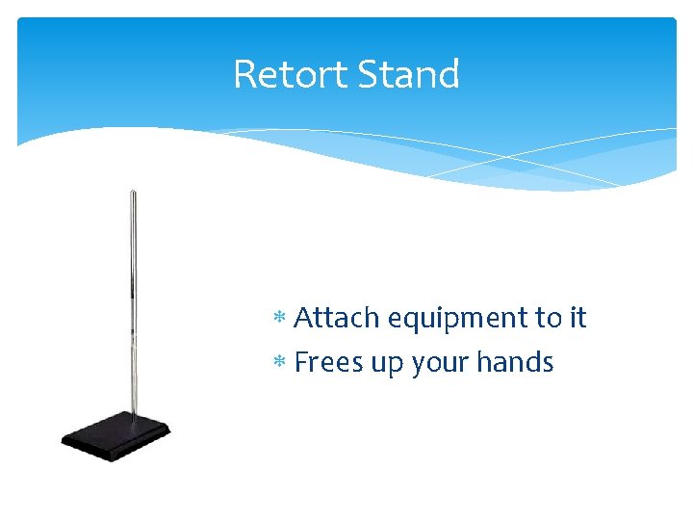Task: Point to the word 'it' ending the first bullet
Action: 578,318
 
